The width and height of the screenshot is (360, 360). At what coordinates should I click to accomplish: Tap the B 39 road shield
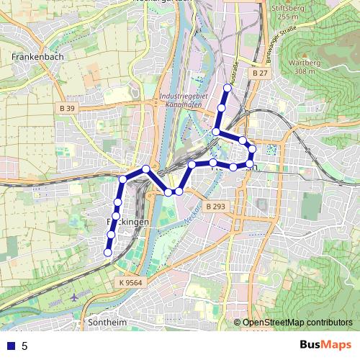[67, 108]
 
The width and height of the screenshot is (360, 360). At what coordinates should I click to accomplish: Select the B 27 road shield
[260, 73]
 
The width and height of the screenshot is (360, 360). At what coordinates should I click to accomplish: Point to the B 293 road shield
[215, 207]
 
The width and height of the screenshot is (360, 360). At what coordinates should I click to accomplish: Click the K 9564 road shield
[130, 283]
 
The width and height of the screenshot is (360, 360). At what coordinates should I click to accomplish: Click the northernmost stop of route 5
[227, 89]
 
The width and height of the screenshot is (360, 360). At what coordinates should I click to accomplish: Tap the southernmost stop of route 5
[108, 253]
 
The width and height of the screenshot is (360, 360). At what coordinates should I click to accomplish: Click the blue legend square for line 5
[10, 346]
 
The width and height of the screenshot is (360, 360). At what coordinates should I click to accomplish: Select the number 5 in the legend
[24, 346]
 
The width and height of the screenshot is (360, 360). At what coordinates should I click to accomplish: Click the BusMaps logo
[325, 345]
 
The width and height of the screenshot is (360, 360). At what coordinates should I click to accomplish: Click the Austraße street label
[235, 72]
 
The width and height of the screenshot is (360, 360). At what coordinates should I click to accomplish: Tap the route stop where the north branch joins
[216, 132]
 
